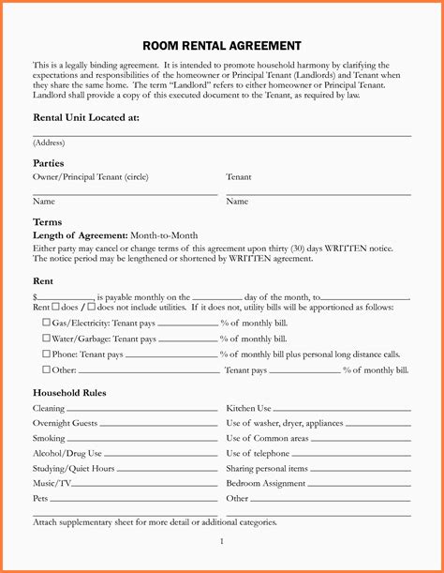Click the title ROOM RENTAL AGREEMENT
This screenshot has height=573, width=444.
coord(222,45)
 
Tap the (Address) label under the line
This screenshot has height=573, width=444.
coord(49,143)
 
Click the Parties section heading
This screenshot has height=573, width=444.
coord(49,163)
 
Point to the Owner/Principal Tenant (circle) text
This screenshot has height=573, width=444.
coord(90,176)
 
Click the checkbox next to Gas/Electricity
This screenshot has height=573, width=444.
coord(46,322)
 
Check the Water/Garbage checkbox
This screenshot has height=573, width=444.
coord(46,338)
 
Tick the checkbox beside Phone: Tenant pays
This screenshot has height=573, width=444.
coord(46,354)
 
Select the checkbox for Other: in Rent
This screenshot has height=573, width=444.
coord(46,369)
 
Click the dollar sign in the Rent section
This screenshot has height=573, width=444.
coord(35,295)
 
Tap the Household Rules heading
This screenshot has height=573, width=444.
coord(69,392)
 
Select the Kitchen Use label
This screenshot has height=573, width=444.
coord(248,408)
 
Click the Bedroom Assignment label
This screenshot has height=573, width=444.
coord(266,483)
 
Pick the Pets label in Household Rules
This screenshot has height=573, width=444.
coord(41,498)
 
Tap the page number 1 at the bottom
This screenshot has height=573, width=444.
coord(222,541)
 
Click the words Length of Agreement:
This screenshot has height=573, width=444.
coord(80,235)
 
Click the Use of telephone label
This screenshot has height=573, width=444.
coord(259,453)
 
